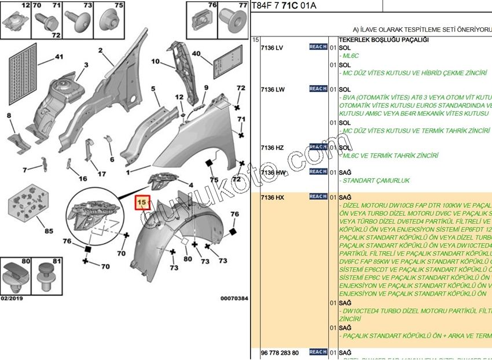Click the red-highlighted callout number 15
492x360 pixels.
142,203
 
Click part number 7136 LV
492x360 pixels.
273,47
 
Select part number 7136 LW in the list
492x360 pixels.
273,90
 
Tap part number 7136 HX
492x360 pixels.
273,198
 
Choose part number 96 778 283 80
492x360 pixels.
280,352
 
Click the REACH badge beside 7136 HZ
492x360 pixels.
318,147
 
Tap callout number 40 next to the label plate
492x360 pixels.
197,54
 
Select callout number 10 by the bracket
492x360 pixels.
156,61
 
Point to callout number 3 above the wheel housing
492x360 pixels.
86,65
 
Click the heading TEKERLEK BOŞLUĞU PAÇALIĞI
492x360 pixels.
379,39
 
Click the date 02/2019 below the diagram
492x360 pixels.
12,299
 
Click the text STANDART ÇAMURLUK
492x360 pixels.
376,181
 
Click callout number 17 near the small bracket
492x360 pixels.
101,174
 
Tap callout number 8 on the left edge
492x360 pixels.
9,116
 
